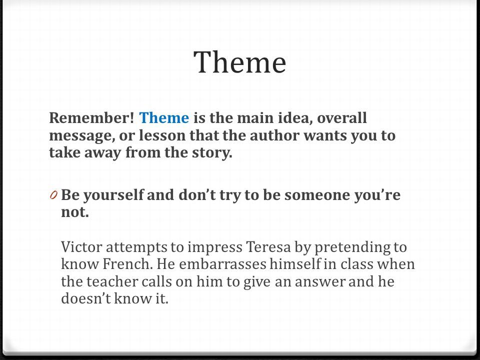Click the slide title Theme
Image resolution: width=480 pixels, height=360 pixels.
tap(240, 62)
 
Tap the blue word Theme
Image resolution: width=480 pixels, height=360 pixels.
tap(164, 118)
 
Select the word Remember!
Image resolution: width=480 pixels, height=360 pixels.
tap(91, 118)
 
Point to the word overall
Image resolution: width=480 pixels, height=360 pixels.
tap(341, 118)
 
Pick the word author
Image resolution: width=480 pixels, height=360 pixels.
tap(274, 135)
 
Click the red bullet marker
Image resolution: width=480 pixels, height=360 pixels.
tap(53, 194)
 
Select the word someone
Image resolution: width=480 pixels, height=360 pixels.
tap(317, 195)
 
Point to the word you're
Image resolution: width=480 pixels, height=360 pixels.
tap(377, 195)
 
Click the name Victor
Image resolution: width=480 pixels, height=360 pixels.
tap(81, 246)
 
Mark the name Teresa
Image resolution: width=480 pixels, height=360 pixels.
tap(268, 246)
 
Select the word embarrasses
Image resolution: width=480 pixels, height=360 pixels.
tap(222, 264)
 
